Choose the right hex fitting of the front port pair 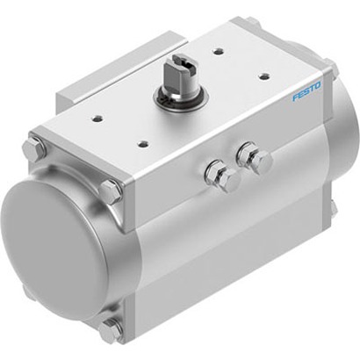(x=259, y=160)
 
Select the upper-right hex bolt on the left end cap (x=111, y=191)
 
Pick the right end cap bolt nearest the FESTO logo (x=331, y=69)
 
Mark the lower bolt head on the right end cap (x=333, y=208)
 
